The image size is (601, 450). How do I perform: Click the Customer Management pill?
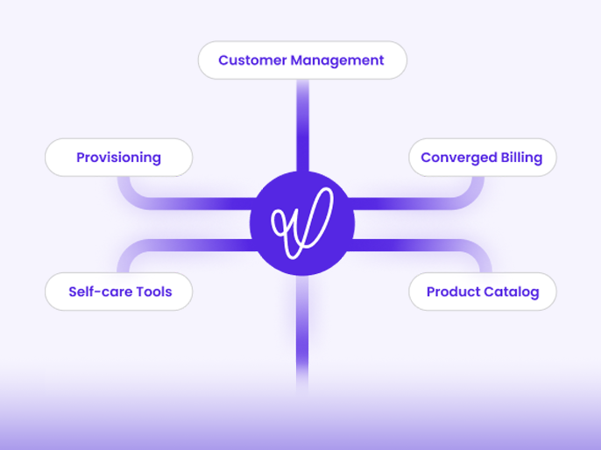302,60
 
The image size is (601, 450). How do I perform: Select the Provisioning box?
119,158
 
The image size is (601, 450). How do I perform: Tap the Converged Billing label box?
483,158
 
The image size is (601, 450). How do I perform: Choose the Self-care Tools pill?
119,292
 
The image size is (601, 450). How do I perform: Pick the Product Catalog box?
483,292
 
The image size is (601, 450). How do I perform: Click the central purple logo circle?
302,223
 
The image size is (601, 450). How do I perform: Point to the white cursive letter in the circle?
302,223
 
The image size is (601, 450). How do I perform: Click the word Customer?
252,60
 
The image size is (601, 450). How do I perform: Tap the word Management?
337,60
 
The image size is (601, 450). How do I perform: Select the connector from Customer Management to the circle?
302,125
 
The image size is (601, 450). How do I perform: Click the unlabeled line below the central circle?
302,334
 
